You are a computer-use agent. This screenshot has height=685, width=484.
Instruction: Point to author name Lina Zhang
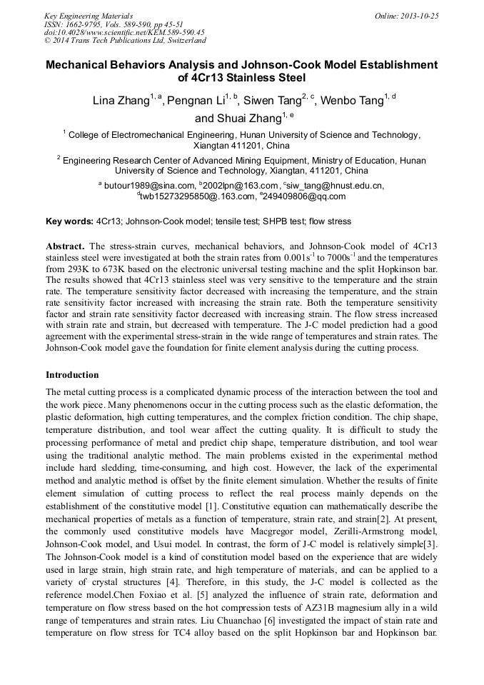(x=121, y=101)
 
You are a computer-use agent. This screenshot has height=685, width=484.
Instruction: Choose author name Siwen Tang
(x=275, y=101)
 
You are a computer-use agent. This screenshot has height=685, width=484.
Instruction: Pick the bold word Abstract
(x=66, y=246)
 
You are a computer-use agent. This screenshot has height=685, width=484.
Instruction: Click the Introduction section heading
(x=72, y=375)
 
